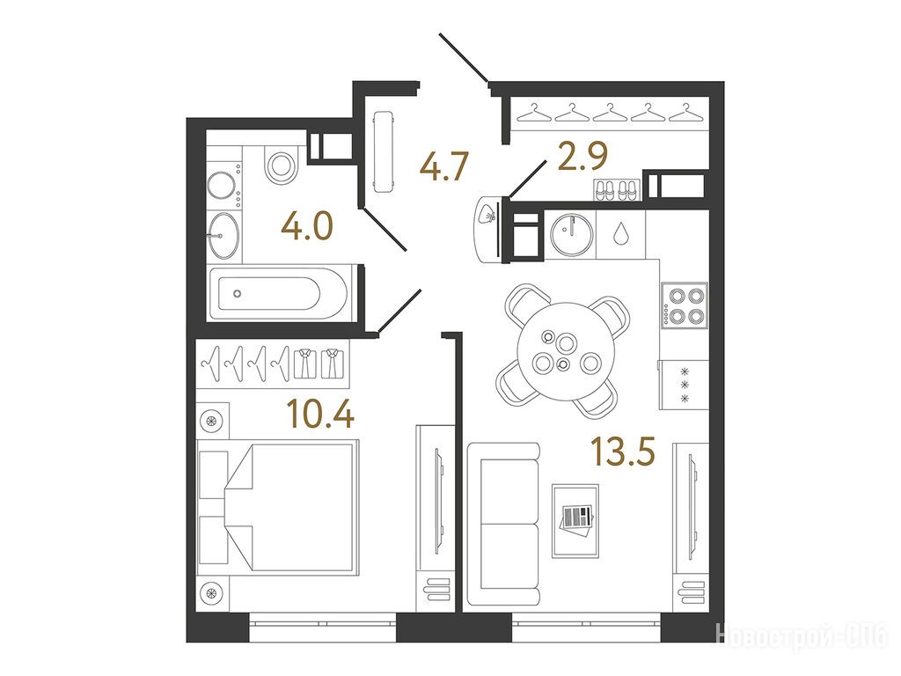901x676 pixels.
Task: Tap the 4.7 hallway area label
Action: point(445,166)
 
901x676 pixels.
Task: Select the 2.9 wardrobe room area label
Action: point(582,156)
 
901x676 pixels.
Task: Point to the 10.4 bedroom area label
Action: point(321,414)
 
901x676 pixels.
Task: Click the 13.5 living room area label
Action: point(624,451)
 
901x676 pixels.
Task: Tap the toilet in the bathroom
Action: point(281,165)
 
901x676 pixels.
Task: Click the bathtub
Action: point(279,294)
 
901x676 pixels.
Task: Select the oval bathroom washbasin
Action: point(223,235)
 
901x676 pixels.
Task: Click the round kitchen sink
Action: point(570,232)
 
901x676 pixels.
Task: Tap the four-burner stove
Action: point(685,305)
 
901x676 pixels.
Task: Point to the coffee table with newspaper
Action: point(575,521)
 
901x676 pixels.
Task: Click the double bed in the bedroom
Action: point(277,505)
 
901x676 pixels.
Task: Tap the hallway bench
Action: point(384,151)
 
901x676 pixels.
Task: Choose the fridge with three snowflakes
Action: point(684,385)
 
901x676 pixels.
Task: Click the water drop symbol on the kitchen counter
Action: point(620,232)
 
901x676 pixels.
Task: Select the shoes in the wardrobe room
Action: point(616,190)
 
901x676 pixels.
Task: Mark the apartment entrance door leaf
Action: point(464,58)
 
